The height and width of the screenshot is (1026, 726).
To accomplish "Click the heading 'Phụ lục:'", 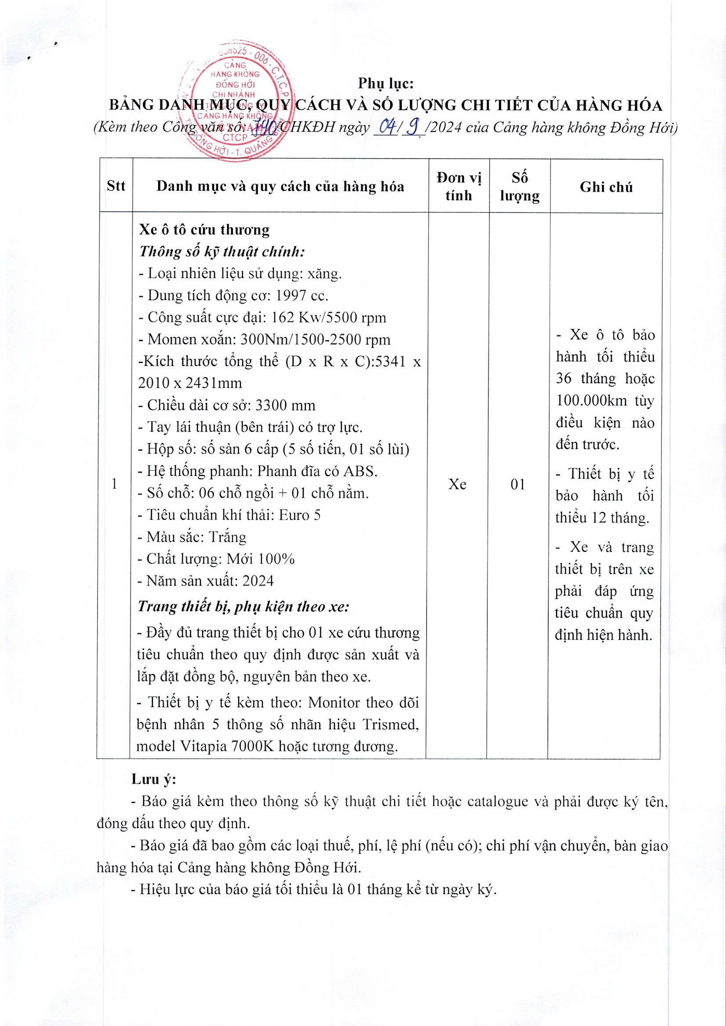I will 385,84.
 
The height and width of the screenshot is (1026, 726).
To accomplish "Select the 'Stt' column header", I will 116,186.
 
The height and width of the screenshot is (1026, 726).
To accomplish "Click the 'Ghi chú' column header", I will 606,187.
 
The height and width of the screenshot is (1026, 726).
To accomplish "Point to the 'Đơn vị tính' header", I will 459,186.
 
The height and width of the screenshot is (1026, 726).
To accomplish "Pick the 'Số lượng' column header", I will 519,186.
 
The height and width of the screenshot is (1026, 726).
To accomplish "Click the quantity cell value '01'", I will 518,484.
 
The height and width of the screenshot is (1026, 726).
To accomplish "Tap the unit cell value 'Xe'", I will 457,484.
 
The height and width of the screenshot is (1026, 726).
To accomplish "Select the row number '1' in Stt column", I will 114,484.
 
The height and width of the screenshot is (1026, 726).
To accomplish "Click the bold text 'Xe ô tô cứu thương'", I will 204,230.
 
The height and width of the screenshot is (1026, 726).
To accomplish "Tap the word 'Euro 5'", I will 300,515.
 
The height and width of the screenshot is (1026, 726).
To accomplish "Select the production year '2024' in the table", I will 258,581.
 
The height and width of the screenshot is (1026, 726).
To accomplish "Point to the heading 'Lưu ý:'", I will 154,779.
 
